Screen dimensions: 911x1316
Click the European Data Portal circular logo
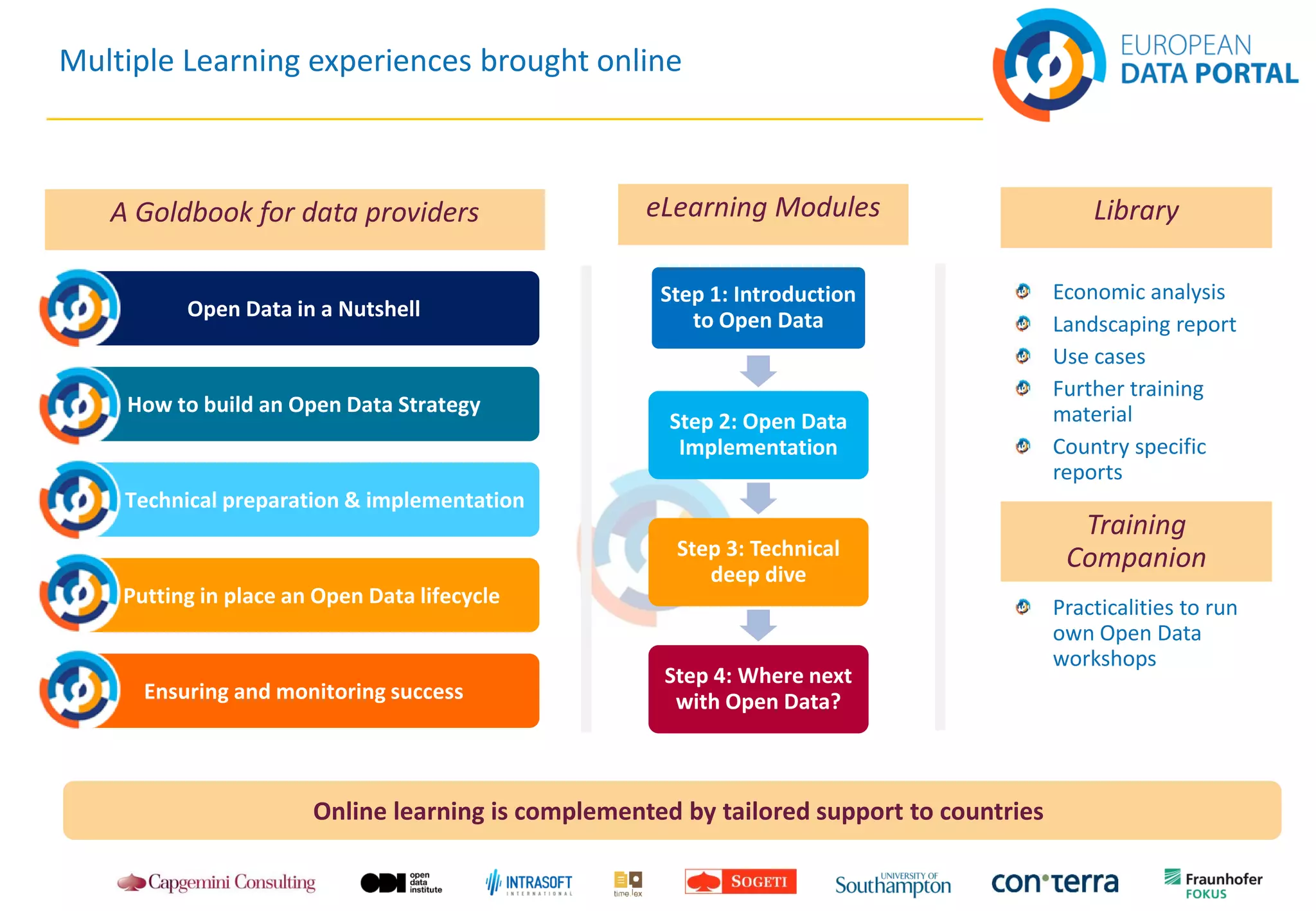point(1049,64)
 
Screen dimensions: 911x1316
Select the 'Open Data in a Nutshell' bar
point(303,309)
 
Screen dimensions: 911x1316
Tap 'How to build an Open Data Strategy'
point(303,405)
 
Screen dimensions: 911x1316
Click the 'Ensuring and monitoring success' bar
point(303,691)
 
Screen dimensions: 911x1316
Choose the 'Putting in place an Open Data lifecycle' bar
point(311,596)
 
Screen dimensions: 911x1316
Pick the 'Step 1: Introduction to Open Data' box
point(758,308)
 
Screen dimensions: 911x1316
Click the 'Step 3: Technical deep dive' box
point(758,562)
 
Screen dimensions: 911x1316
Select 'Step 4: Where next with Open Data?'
point(758,689)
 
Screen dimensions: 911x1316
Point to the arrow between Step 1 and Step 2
point(758,371)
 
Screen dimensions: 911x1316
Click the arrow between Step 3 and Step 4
point(758,625)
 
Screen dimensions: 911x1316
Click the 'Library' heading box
point(1135,217)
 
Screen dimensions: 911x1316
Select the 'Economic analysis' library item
point(1138,292)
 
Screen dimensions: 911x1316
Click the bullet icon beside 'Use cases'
point(1023,356)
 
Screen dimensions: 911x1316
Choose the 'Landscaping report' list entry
point(1144,324)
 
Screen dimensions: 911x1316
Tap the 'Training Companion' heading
point(1135,541)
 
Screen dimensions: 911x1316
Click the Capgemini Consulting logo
point(217,883)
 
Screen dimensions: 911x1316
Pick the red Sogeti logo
point(740,881)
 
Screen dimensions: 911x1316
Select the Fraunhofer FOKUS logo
point(1213,883)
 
